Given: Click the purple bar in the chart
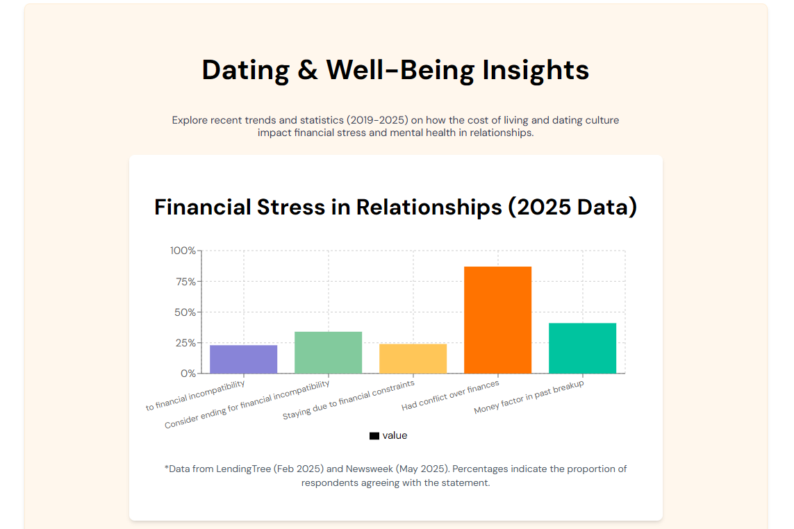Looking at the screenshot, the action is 244,360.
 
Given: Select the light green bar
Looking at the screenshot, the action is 328,353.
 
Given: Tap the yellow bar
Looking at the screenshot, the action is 413,359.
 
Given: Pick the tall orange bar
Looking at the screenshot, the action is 498,320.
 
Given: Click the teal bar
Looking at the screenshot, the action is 582,349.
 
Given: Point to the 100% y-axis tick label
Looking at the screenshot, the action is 183,251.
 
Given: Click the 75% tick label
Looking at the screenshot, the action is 186,281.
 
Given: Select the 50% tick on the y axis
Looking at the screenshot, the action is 185,312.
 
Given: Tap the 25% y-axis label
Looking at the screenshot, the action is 186,343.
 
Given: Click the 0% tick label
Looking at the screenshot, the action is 188,373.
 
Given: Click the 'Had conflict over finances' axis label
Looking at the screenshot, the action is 450,395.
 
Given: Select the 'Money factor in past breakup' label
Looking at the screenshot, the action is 529,397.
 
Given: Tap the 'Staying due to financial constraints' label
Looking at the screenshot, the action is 349,400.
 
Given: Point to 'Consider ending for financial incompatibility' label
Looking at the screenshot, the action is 247,405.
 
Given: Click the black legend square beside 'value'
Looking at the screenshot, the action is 374,436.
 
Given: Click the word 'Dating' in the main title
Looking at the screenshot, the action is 246,70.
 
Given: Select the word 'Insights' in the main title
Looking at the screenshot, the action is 536,70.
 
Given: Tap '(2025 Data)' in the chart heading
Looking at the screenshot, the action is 572,208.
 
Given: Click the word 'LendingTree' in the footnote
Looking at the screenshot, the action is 244,469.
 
